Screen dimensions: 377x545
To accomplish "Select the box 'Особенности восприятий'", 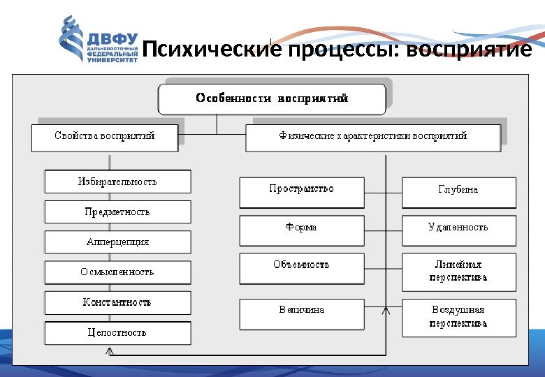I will [x=272, y=99].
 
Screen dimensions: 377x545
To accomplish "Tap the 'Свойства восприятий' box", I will [x=104, y=137].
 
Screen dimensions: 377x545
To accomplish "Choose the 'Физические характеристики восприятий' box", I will [x=373, y=137].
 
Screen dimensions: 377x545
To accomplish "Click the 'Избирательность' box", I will [x=117, y=182].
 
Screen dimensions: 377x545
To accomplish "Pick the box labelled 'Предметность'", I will [x=117, y=212].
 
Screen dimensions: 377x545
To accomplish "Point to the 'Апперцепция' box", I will [x=117, y=242].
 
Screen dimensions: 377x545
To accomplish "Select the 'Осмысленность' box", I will [x=117, y=272].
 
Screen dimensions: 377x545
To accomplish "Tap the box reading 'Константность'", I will [x=117, y=303].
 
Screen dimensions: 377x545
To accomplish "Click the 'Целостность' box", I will [x=117, y=333].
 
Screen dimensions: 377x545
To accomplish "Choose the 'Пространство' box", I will [x=302, y=192].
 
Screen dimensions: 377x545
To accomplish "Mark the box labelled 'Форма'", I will [x=302, y=230].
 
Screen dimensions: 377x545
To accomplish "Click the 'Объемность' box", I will [x=302, y=268].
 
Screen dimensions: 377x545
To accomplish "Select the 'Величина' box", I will [x=302, y=313].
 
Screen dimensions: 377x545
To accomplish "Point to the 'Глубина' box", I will [x=458, y=192].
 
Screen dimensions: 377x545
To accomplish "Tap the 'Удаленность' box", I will [x=458, y=230].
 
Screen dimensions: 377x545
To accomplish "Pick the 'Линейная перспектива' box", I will [x=458, y=272].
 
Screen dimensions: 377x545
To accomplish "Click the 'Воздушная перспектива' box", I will [x=458, y=317].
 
